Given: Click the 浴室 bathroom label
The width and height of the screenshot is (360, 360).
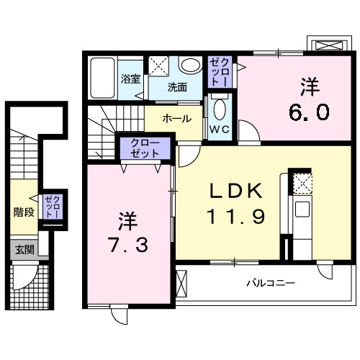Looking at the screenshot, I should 130,80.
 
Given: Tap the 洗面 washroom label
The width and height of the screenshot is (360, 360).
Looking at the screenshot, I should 177,88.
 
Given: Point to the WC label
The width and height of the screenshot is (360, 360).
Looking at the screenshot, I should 220,130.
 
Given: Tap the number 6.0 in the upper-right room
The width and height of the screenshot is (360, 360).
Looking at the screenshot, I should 310,112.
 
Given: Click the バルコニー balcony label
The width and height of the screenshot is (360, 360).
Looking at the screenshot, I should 271,283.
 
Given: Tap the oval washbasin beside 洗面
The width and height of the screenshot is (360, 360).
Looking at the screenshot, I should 191,66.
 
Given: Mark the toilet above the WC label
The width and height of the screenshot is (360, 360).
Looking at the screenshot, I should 220,109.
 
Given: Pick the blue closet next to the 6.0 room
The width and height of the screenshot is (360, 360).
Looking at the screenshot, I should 220,72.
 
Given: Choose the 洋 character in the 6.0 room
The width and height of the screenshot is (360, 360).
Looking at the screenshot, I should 310,87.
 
